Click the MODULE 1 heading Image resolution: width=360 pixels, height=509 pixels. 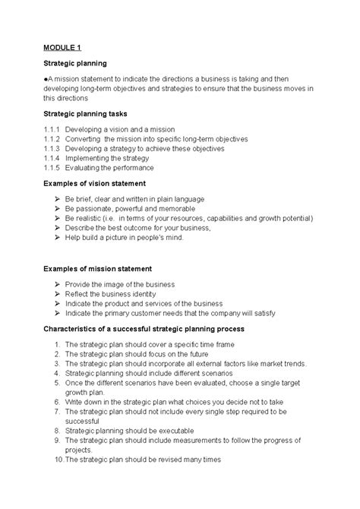pos(63,46)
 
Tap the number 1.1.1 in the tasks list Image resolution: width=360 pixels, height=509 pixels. pos(52,129)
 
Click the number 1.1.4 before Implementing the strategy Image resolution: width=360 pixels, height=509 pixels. pos(52,159)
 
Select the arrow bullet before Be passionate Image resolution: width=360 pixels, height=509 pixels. pos(58,208)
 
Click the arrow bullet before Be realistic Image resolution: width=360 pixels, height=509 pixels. pos(58,218)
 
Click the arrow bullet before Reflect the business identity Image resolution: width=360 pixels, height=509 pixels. pos(58,293)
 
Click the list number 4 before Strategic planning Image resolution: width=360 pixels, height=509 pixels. pos(57,374)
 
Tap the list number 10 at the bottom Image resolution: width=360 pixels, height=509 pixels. pos(58,459)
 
